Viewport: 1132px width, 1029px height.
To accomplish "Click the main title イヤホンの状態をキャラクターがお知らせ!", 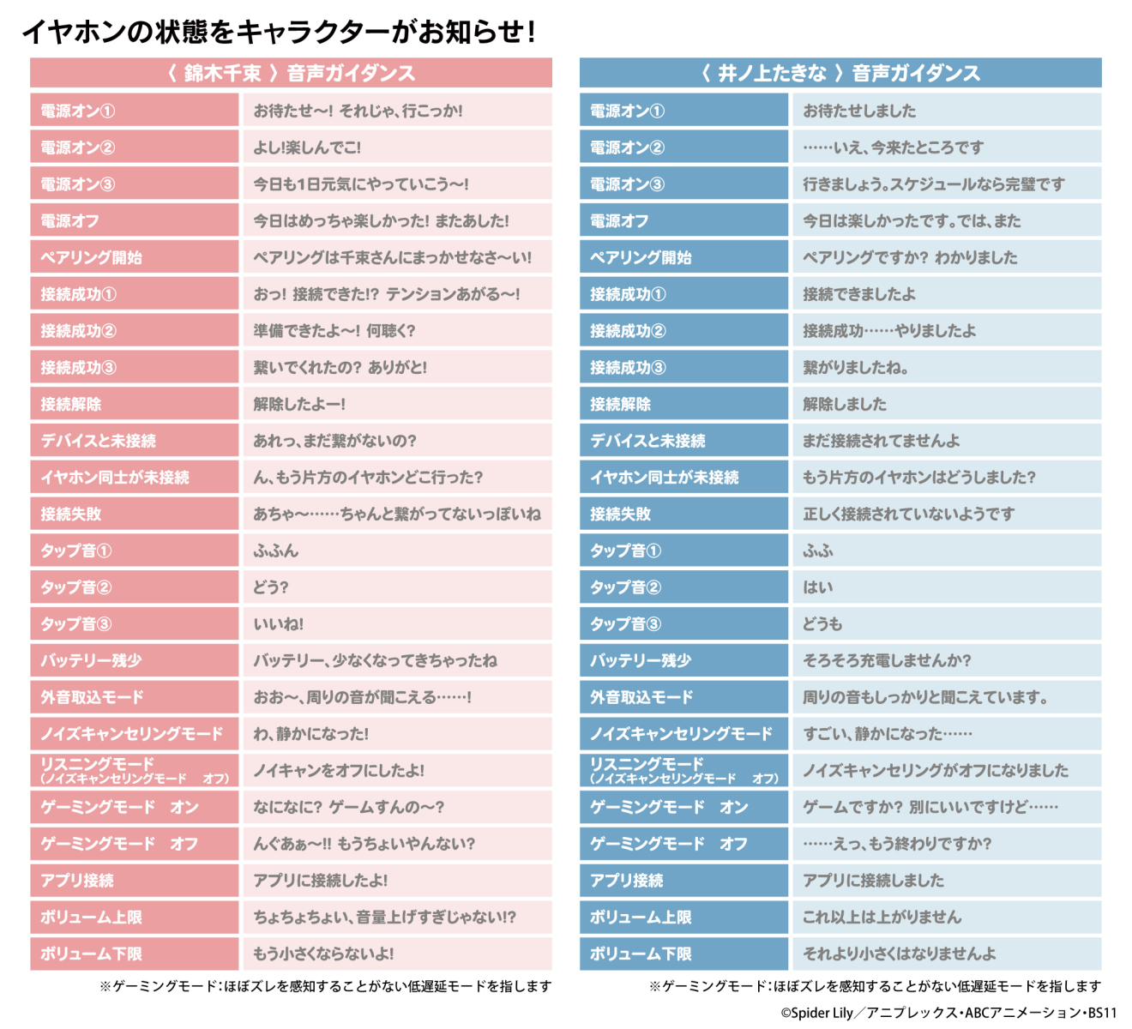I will click(280, 32).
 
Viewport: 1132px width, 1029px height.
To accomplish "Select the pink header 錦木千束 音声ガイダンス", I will click(291, 73).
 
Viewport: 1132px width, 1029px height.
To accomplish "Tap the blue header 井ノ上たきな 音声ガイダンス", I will click(840, 73).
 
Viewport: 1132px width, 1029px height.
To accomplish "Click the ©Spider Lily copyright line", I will click(948, 1013).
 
